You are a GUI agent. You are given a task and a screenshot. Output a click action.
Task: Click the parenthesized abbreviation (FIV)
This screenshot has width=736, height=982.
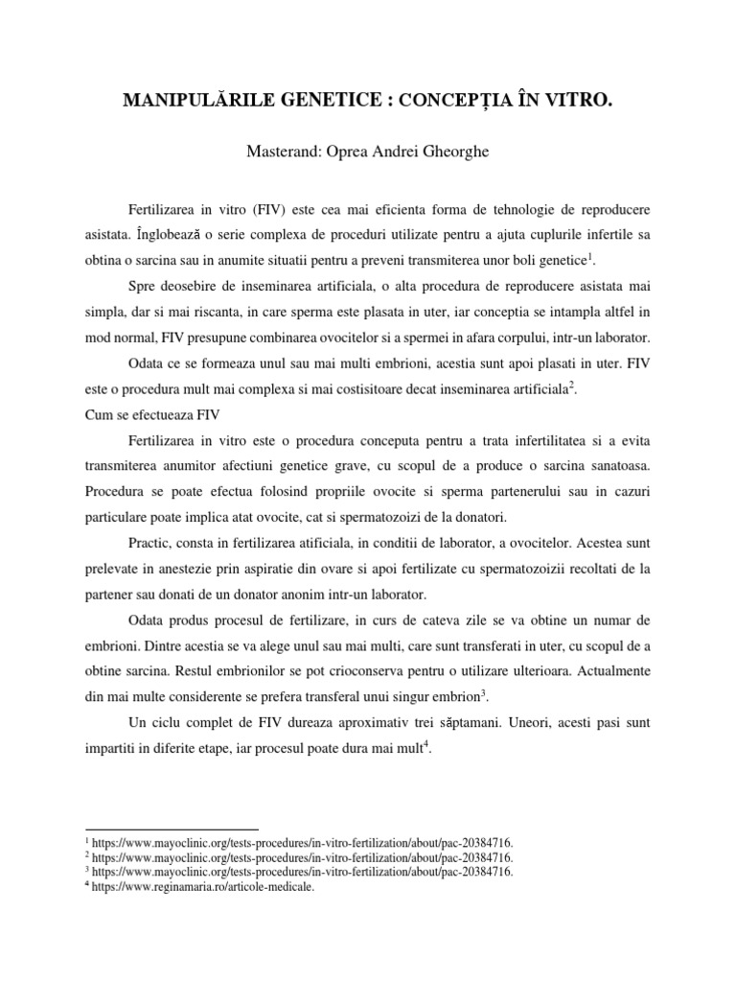[x=260, y=209]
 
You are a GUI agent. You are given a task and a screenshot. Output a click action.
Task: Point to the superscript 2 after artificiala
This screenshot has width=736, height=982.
[x=571, y=386]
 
